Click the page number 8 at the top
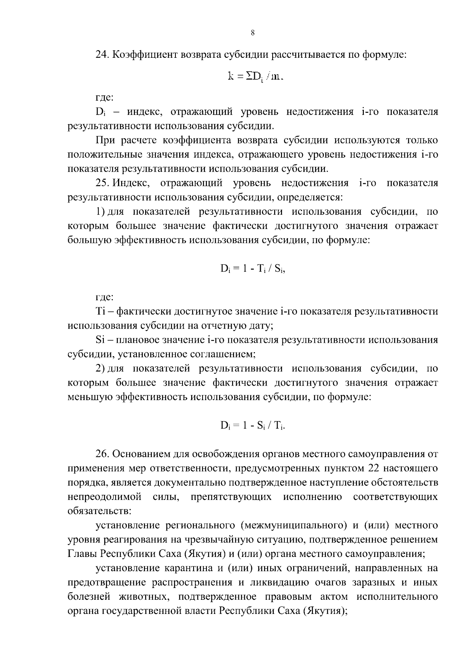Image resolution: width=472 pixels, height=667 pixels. click(x=252, y=33)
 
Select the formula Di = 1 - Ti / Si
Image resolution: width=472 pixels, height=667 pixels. click(x=252, y=269)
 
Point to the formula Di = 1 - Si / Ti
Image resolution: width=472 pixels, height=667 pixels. click(x=252, y=426)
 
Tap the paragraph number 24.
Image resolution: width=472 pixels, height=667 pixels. click(x=102, y=55)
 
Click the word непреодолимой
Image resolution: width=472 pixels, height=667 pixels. click(x=105, y=497)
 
